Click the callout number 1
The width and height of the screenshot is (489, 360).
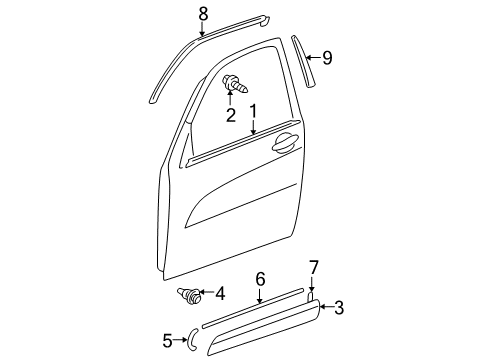click(254, 112)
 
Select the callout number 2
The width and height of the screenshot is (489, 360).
click(230, 115)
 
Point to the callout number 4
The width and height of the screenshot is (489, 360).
click(221, 294)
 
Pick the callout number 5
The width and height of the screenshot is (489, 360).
click(166, 340)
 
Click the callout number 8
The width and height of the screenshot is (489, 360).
click(204, 13)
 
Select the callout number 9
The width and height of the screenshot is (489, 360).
click(326, 58)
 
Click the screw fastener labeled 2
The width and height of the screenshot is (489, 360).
click(231, 85)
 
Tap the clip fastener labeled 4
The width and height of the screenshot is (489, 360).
click(188, 294)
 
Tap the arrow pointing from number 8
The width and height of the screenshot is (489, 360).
click(204, 29)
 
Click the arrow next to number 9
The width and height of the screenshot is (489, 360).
click(313, 58)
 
